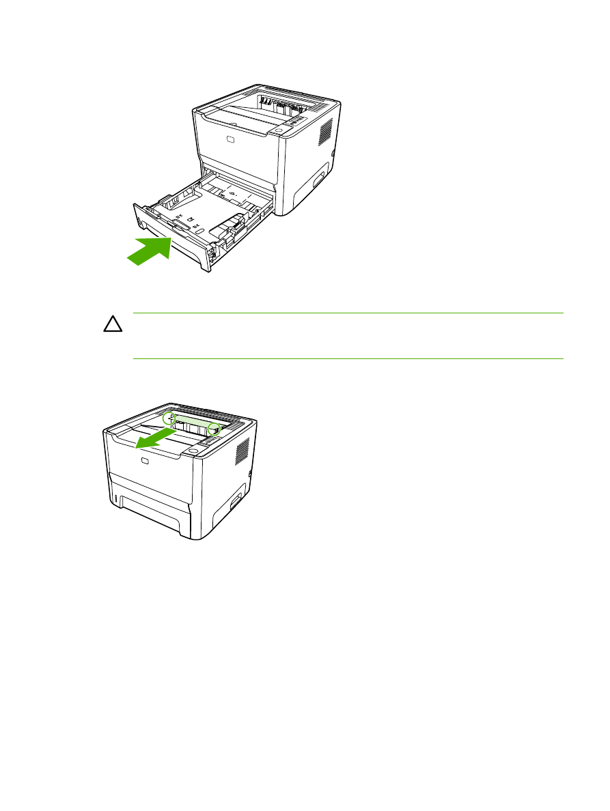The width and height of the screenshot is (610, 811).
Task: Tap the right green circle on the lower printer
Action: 214,429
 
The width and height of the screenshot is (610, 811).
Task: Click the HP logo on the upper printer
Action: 231,141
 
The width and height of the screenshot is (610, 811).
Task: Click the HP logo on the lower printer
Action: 144,464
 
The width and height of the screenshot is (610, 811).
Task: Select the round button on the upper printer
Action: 279,129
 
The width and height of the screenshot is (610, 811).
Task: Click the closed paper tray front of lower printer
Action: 147,513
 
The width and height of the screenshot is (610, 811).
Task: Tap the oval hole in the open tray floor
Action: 197,231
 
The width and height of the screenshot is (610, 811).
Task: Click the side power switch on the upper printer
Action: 333,155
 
